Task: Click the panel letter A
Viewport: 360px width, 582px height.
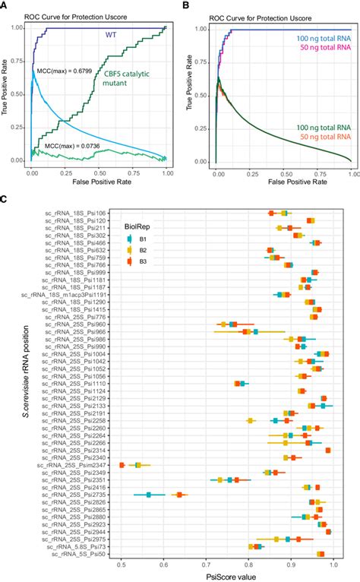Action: click(5, 5)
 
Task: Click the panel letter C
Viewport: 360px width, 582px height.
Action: click(5, 199)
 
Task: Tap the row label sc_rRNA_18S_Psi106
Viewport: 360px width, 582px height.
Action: click(74, 213)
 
